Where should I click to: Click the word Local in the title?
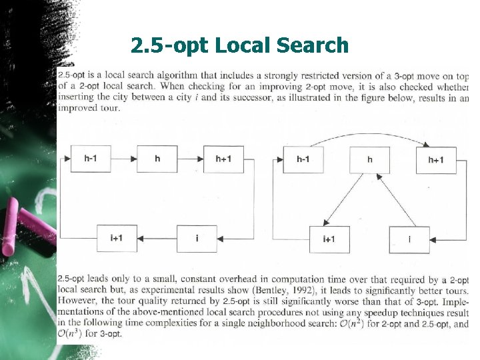point(246,45)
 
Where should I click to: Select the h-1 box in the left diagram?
point(91,159)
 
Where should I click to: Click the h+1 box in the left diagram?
point(224,159)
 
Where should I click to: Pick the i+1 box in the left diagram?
point(117,238)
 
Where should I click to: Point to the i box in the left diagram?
point(197,238)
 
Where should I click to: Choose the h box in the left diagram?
point(157,159)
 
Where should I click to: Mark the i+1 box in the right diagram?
point(329,239)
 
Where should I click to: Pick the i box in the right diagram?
point(409,239)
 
